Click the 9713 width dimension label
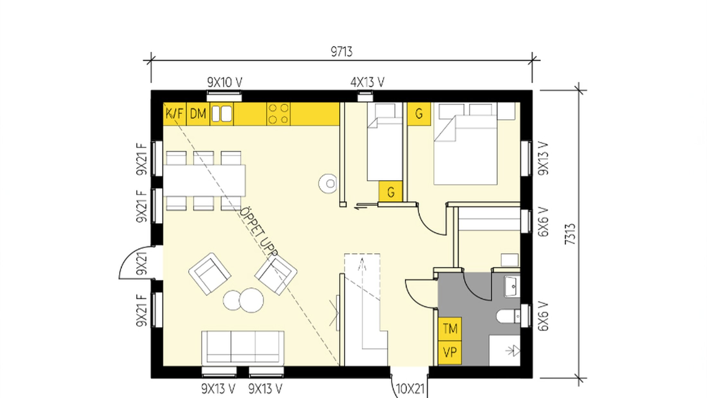(x=342, y=52)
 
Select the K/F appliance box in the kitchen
(x=175, y=113)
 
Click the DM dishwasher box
(x=198, y=113)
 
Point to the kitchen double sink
(x=222, y=114)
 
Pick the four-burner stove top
(x=278, y=114)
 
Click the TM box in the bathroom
(x=450, y=329)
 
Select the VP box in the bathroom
(x=450, y=353)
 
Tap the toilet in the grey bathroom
(x=508, y=316)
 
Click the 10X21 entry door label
(x=410, y=389)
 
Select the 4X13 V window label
(x=367, y=83)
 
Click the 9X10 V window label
(x=225, y=83)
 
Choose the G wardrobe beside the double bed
(x=419, y=113)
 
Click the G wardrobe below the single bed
(x=390, y=192)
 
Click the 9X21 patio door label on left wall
(x=142, y=263)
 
